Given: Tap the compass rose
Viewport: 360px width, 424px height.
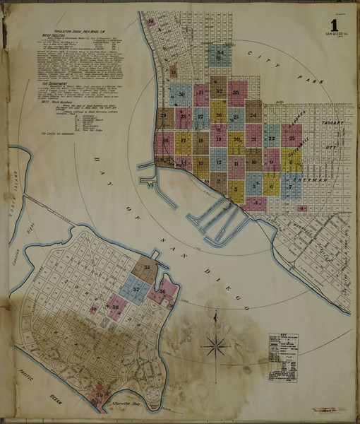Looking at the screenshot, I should pos(216,346).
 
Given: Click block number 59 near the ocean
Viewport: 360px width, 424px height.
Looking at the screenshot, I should pos(100,394).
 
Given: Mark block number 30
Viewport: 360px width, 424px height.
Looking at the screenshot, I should pos(182,94).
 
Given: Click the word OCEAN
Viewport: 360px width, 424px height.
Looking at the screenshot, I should pos(55,401).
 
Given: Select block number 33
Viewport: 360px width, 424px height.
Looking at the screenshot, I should pos(237,92).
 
